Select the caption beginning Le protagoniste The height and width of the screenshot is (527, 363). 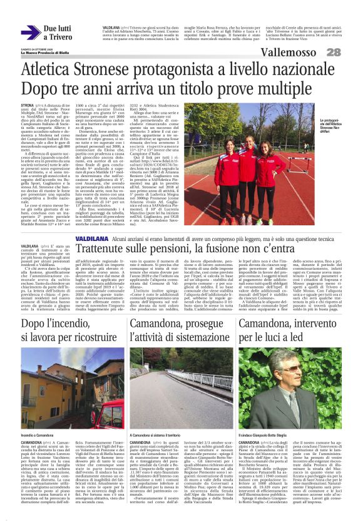328,125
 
